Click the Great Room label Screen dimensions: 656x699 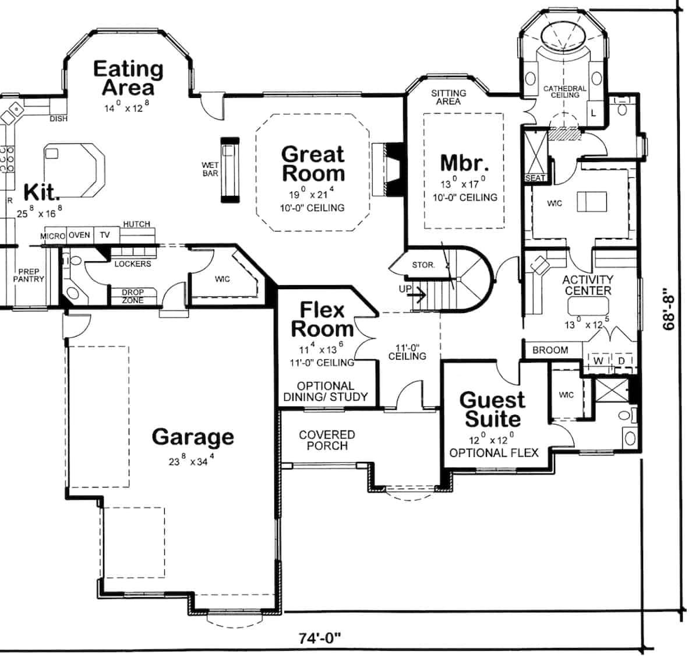point(313,164)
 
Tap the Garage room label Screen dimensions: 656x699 point(193,437)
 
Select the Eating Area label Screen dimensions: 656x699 point(128,78)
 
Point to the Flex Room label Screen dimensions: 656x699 point(322,319)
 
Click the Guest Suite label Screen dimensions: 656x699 point(492,409)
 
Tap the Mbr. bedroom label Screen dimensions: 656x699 point(464,163)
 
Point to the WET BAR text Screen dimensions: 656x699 point(210,170)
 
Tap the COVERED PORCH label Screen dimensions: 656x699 point(327,440)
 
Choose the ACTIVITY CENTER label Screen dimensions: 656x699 point(587,285)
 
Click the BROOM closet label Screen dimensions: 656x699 point(550,350)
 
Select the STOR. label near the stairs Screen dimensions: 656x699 point(423,265)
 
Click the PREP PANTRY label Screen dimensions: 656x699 point(29,276)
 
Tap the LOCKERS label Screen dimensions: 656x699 point(132,264)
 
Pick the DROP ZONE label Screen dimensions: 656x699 point(132,296)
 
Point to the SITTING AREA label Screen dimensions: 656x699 point(448,97)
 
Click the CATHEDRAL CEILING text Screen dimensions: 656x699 point(564,92)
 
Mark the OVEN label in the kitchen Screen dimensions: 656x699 point(79,235)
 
